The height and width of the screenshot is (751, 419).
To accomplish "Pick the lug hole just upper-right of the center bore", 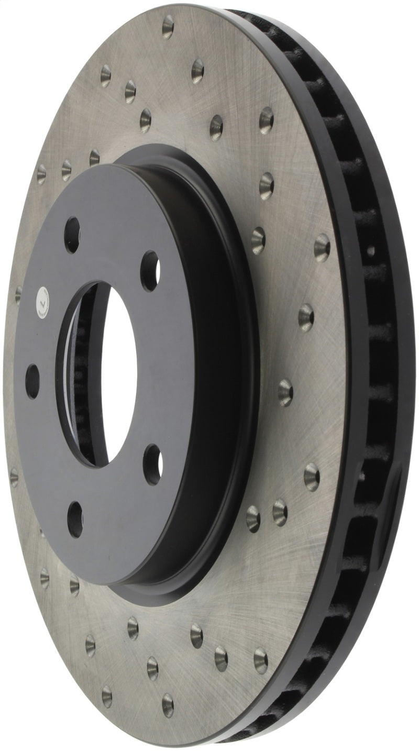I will point(150,271).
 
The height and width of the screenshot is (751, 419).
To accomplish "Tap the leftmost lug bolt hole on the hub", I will point(32,381).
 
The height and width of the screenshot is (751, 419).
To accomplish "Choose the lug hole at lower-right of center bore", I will point(152,463).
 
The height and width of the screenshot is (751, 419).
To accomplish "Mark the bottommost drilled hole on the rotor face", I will point(168,704).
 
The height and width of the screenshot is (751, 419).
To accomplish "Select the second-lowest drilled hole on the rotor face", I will point(107,696).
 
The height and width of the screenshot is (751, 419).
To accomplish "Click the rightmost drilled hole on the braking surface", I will point(322,247).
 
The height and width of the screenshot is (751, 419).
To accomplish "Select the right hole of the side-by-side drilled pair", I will point(280,512).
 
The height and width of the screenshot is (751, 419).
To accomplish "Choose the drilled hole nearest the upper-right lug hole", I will point(259,240).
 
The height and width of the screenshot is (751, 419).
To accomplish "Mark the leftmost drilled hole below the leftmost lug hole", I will point(14,477).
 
